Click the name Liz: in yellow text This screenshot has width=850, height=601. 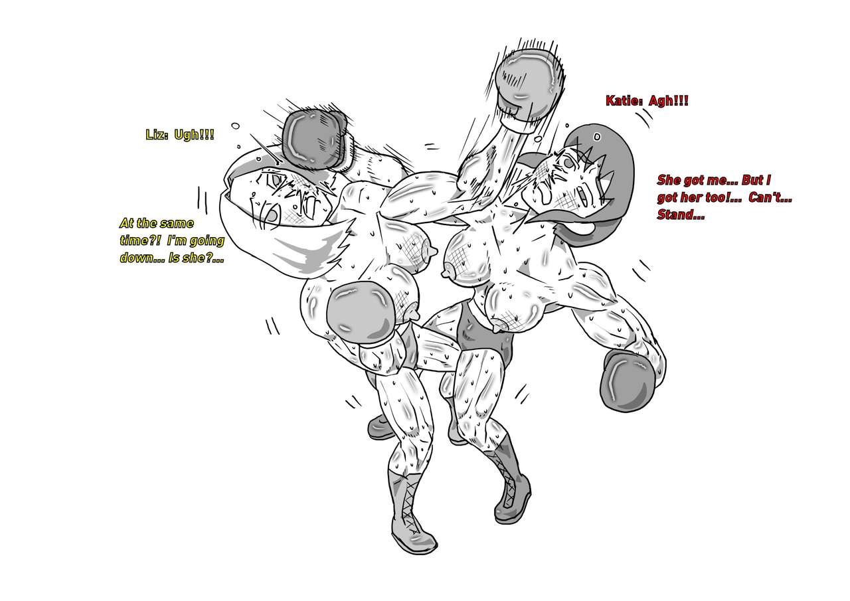coord(157,135)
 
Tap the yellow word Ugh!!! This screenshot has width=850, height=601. coord(194,135)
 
